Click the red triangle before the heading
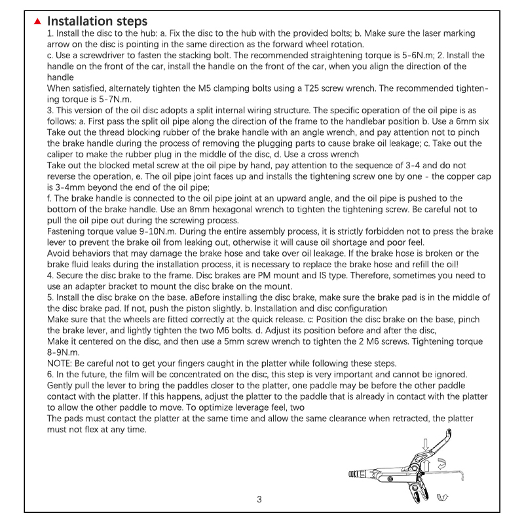pyautogui.click(x=38, y=22)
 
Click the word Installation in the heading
pyautogui.click(x=77, y=22)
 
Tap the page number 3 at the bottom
pyautogui.click(x=259, y=499)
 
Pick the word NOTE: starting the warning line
pyautogui.click(x=62, y=364)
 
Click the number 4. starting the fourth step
pyautogui.click(x=51, y=276)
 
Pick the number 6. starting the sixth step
pyautogui.click(x=51, y=375)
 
